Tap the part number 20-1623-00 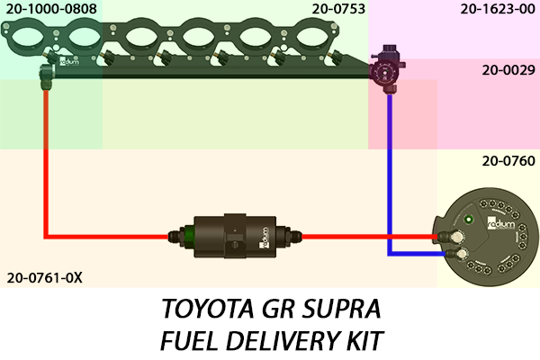pos(496,10)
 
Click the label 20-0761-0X pos(44,277)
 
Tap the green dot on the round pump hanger pos(469,219)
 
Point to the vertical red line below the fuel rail pos(46,162)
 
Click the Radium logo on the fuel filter pos(265,236)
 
